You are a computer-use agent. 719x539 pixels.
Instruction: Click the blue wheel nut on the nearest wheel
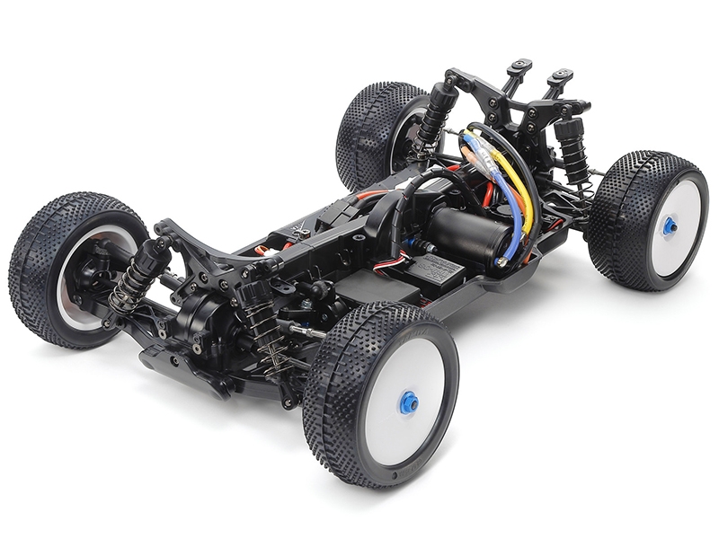(408, 402)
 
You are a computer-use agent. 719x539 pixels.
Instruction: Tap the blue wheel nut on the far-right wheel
(670, 227)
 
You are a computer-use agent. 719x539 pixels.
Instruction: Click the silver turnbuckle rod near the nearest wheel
(306, 332)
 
